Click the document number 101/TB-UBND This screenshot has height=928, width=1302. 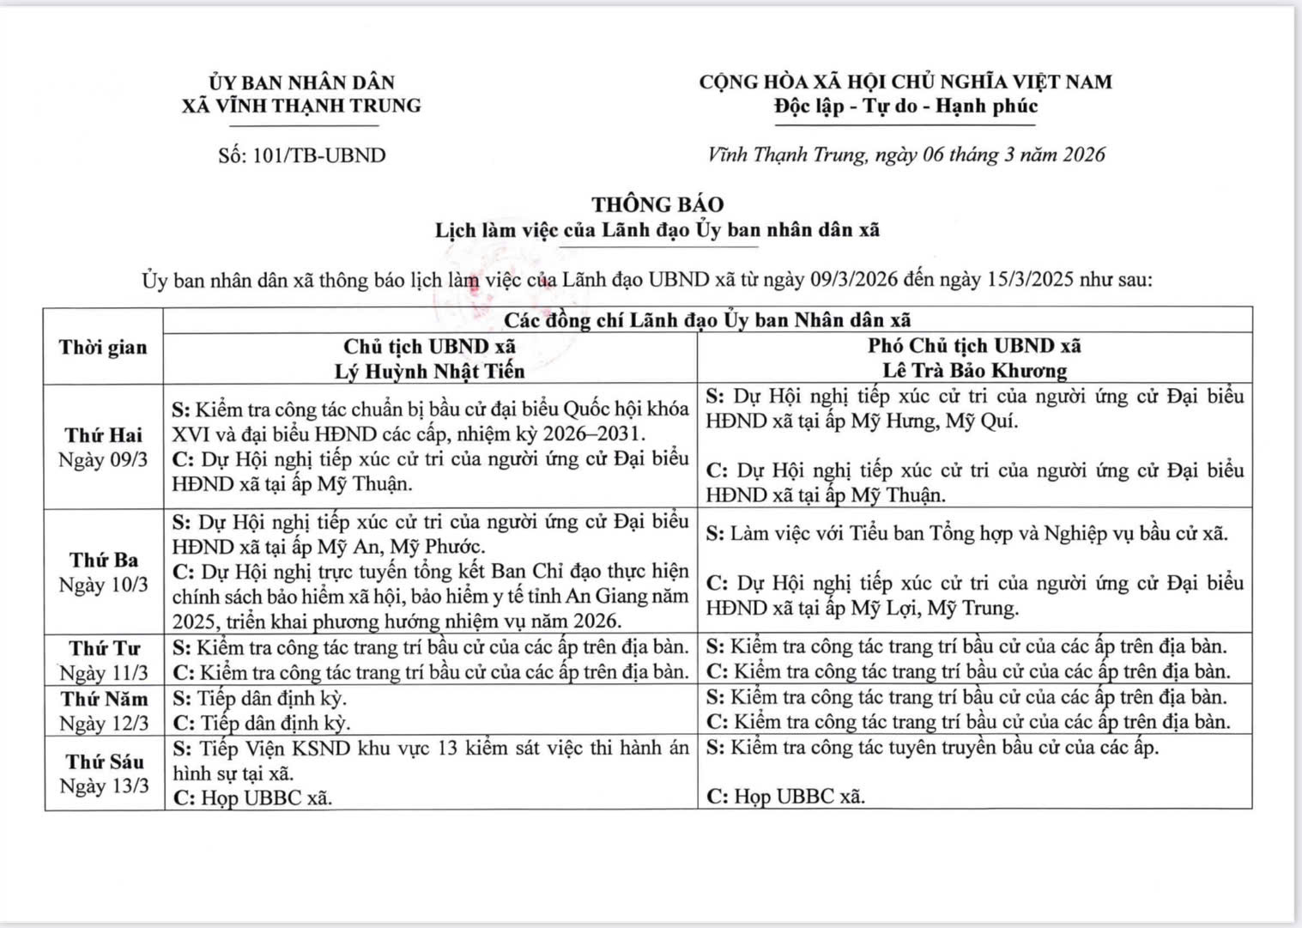click(319, 155)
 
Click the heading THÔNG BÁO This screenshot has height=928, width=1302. click(657, 204)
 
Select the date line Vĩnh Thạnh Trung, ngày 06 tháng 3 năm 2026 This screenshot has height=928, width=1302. click(906, 155)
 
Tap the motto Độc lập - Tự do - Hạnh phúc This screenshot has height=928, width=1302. click(905, 106)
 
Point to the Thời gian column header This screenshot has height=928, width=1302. click(103, 347)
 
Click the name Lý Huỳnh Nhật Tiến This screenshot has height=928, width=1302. click(429, 371)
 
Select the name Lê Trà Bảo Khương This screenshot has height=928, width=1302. click(974, 371)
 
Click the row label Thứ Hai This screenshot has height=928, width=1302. click(103, 435)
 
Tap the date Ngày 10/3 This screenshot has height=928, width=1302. click(103, 585)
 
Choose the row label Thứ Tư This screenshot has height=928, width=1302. click(104, 648)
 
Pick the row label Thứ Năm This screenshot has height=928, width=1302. click(104, 699)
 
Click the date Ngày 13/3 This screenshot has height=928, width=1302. click(104, 785)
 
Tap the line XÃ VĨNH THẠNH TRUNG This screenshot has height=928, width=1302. click(301, 106)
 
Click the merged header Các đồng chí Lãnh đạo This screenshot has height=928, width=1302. click(706, 320)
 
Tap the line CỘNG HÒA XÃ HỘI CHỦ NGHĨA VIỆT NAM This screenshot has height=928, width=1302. click(905, 82)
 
